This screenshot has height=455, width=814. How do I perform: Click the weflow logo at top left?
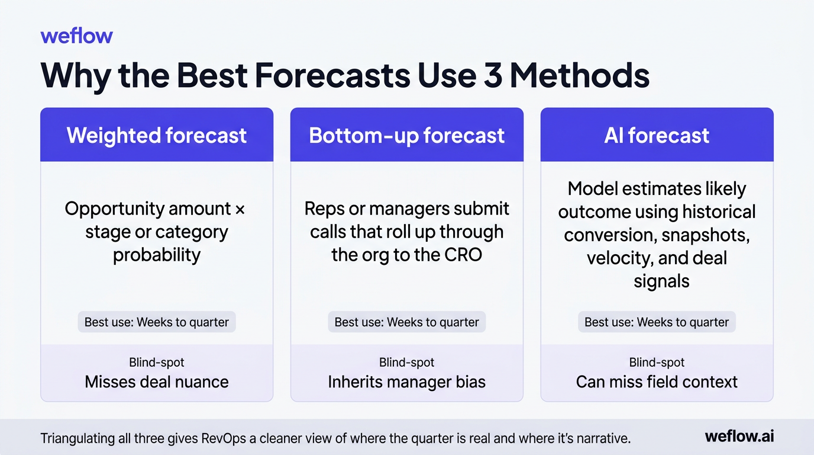[76, 36]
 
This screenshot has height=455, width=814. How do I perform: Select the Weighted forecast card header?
[157, 135]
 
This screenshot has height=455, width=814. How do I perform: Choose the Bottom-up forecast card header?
[407, 135]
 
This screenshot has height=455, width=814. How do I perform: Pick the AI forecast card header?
[657, 135]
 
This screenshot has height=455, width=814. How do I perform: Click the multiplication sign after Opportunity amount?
[240, 209]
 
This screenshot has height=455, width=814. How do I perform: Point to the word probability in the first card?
[157, 255]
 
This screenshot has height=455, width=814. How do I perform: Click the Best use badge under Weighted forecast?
[157, 322]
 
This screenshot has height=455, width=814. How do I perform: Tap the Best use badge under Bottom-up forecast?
[407, 322]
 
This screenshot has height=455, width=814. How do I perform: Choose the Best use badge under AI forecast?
[657, 322]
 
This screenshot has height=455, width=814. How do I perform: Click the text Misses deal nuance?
[157, 382]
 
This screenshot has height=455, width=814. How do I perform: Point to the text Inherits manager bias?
[407, 382]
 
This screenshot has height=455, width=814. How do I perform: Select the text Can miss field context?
[657, 382]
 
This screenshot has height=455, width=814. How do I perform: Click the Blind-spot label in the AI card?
[657, 363]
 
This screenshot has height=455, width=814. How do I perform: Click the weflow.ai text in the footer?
[739, 437]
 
